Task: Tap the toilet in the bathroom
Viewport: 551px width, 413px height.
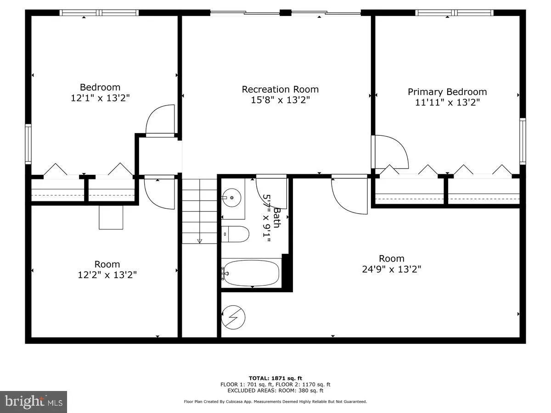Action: pyautogui.click(x=236, y=234)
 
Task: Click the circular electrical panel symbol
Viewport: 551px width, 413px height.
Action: pyautogui.click(x=234, y=317)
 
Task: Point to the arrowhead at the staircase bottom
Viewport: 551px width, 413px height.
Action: pyautogui.click(x=200, y=240)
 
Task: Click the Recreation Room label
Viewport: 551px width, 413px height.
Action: pyautogui.click(x=280, y=89)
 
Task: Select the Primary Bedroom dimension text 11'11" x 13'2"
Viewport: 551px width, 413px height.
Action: pyautogui.click(x=447, y=103)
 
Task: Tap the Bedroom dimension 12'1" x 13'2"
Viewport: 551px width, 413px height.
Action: pyautogui.click(x=100, y=98)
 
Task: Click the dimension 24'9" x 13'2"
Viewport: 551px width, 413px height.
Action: pyautogui.click(x=392, y=269)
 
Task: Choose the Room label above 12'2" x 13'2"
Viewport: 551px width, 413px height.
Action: pyautogui.click(x=107, y=264)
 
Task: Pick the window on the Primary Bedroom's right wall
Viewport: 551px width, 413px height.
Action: pyautogui.click(x=523, y=141)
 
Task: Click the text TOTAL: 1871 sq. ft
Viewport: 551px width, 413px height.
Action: pyautogui.click(x=275, y=378)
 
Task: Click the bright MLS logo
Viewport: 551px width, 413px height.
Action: pyautogui.click(x=34, y=402)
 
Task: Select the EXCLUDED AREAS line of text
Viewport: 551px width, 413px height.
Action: pyautogui.click(x=275, y=391)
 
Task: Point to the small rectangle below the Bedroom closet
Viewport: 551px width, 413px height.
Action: pyautogui.click(x=111, y=217)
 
